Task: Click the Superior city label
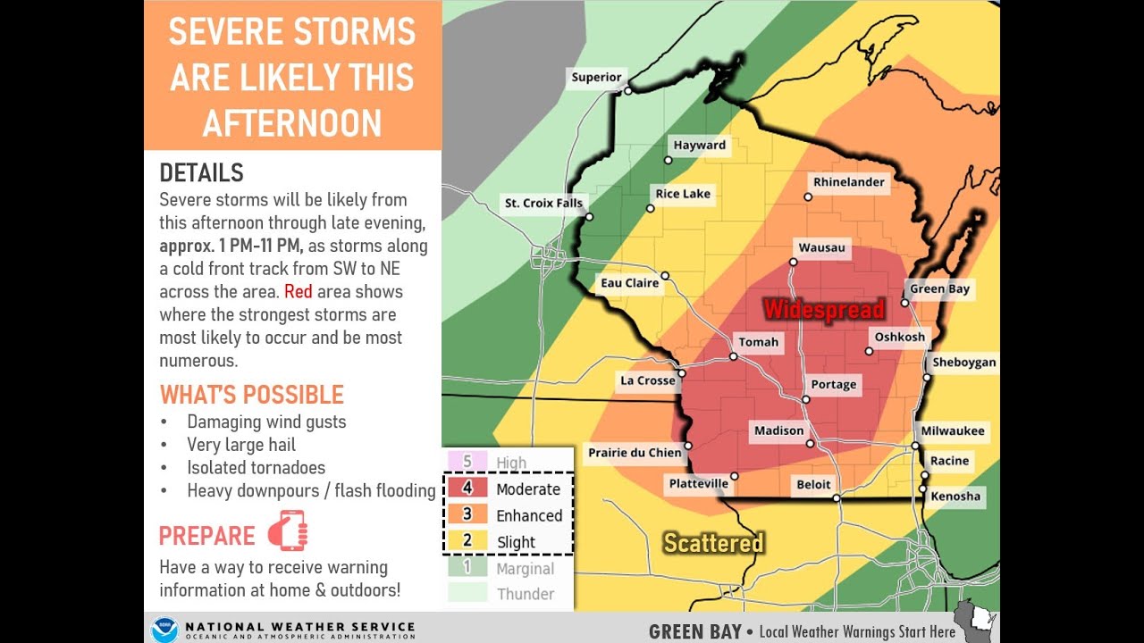click(x=596, y=77)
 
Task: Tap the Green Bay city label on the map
click(x=939, y=289)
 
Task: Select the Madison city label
click(x=778, y=430)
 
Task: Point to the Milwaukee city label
click(x=953, y=430)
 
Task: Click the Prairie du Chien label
click(x=635, y=453)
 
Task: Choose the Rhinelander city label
click(x=848, y=182)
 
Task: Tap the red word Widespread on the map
click(x=823, y=310)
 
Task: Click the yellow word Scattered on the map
click(x=713, y=543)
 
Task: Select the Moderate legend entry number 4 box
click(x=467, y=489)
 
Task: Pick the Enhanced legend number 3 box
click(x=467, y=514)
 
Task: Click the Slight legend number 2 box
click(x=467, y=540)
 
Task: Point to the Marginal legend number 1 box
click(x=467, y=567)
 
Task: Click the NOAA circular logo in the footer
click(x=164, y=630)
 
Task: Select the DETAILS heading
click(x=201, y=172)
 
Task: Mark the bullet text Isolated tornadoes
click(x=256, y=467)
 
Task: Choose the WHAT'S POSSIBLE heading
click(x=251, y=395)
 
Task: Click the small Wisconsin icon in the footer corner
click(x=976, y=622)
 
